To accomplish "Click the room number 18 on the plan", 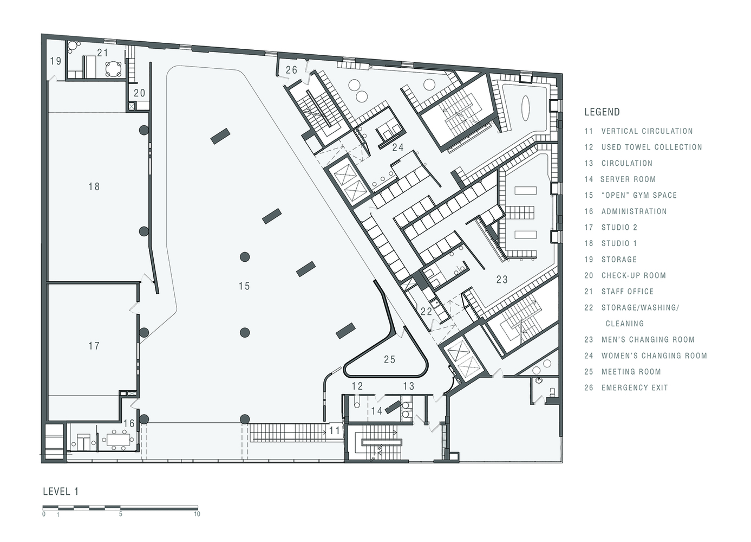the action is tap(94, 186).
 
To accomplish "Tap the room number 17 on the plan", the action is tap(94, 346).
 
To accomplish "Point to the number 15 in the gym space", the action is tap(244, 286).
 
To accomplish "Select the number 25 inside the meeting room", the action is tap(390, 360).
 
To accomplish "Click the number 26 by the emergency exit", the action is tap(291, 70).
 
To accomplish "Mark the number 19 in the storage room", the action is tap(56, 61).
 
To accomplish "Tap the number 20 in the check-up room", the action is tap(140, 93).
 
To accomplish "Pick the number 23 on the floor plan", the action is tap(502, 279).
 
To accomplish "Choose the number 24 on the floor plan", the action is tap(398, 147).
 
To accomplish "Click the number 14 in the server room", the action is tap(377, 411).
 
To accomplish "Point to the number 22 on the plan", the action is tap(426, 312).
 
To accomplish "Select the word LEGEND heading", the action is tap(602, 112).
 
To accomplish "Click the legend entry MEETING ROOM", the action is tap(631, 372).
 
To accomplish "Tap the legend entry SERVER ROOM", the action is tap(628, 179).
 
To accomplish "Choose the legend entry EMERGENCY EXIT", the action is tap(635, 388).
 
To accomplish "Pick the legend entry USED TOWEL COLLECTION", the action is tap(651, 147).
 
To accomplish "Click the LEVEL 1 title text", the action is tap(61, 492).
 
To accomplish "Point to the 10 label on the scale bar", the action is tap(197, 514).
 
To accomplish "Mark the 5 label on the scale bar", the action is tap(120, 514).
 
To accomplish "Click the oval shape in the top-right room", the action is tap(525, 108).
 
